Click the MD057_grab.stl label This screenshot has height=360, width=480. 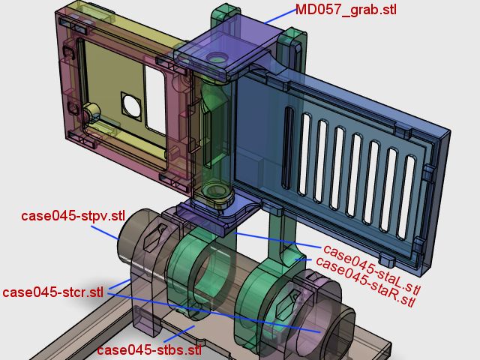click(346, 10)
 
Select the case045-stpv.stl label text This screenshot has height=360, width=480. click(73, 216)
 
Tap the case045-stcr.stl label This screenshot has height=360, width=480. click(53, 292)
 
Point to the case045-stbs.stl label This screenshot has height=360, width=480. click(149, 349)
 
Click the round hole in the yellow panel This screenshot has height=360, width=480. click(132, 106)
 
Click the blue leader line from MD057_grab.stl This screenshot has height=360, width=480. click(280, 16)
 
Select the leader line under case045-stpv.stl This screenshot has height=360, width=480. click(105, 233)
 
